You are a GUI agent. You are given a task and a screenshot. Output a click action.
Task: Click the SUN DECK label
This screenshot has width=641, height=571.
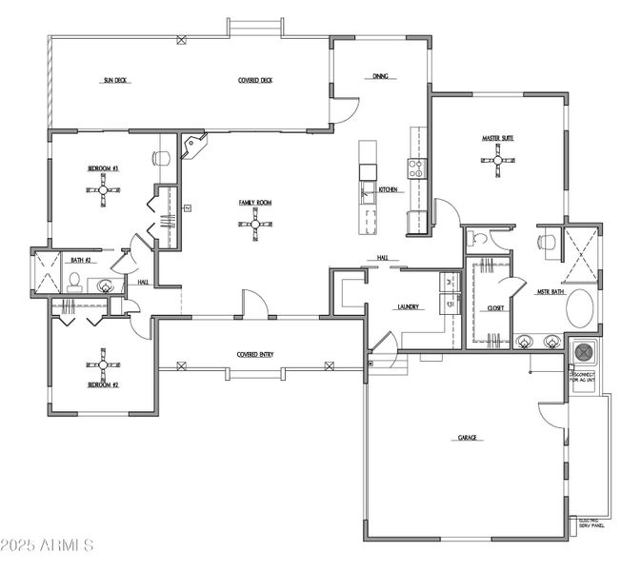tap(115, 81)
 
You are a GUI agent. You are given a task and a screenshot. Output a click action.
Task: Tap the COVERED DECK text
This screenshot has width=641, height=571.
tap(255, 81)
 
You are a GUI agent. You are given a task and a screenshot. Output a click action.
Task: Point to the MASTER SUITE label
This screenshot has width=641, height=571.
tap(497, 139)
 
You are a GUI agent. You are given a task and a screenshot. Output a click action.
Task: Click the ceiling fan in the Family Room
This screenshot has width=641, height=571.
tap(255, 225)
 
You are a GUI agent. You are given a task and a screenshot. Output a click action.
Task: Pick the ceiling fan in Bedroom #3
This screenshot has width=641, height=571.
tap(103, 190)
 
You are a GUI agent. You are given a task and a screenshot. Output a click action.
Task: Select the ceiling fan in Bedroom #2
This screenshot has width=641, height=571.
tap(103, 364)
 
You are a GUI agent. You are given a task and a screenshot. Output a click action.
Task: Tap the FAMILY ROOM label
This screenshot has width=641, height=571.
tap(255, 203)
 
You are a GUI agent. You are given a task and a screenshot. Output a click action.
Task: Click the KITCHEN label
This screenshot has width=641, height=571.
tap(388, 190)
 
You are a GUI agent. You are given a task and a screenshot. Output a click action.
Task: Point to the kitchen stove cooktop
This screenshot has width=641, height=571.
tap(417, 168)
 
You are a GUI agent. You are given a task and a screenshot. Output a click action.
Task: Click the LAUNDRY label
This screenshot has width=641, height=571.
tap(409, 307)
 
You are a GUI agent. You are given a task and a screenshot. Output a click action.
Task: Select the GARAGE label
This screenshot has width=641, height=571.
tap(467, 438)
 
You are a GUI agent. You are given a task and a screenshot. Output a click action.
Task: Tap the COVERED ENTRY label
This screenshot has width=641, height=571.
tap(255, 355)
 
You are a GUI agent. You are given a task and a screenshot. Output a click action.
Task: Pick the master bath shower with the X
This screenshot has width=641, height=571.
tap(581, 255)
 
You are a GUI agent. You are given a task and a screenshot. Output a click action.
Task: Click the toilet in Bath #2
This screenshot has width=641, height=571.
tap(74, 282)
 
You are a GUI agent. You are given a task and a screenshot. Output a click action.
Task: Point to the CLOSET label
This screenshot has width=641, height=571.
tap(495, 308)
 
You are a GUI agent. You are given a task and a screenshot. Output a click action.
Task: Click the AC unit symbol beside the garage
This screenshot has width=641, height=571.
tap(582, 353)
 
